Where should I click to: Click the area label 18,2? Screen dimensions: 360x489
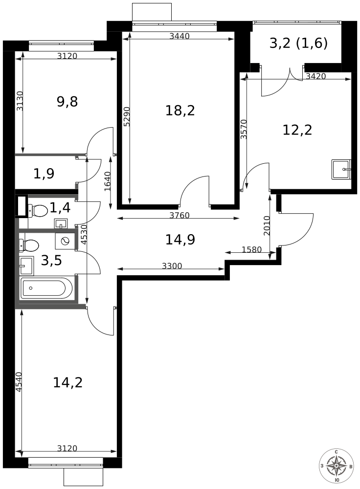[180, 111]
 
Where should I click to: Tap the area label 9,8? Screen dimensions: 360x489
[67, 102]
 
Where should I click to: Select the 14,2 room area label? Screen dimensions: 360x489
[67, 382]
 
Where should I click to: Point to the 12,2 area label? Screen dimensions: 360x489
[297, 130]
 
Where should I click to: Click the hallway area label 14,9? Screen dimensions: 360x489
[180, 240]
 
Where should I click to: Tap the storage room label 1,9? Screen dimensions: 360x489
[44, 174]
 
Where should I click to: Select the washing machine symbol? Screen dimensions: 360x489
[65, 241]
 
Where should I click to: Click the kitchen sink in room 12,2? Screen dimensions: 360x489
[341, 169]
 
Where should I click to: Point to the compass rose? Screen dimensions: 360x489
[337, 466]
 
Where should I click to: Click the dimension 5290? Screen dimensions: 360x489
[127, 117]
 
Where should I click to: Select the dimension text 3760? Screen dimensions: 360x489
[180, 215]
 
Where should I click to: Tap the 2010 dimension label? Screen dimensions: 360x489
[267, 226]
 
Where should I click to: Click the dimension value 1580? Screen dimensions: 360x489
[251, 249]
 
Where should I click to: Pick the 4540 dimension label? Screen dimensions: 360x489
[19, 382]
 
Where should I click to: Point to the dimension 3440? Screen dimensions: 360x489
[180, 36]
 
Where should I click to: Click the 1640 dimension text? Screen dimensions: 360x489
[107, 181]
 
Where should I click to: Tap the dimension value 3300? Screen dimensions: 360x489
[172, 266]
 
